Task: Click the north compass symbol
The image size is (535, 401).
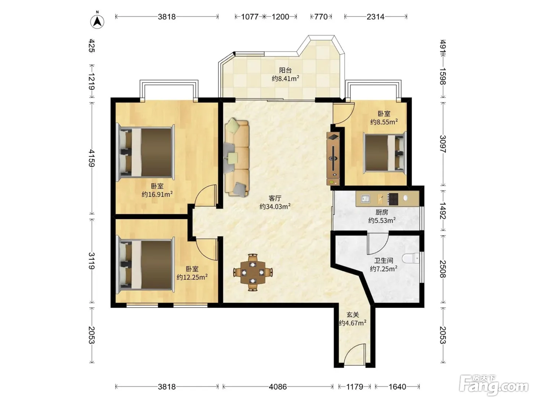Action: coord(97,21)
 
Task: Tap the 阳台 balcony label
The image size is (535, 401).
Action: coord(285,70)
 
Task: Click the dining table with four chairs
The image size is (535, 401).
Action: coord(253,272)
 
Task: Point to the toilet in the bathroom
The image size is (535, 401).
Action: coord(410,258)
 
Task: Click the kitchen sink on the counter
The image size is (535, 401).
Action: coord(365,199)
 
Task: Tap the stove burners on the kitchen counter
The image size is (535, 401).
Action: coord(393,199)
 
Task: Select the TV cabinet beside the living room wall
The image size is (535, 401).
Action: coord(333,159)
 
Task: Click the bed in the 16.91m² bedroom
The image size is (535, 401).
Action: coord(146,153)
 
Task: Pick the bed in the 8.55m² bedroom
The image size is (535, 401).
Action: coord(385,153)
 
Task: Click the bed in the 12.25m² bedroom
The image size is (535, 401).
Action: coord(146,265)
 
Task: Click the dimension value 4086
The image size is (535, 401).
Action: coord(277,386)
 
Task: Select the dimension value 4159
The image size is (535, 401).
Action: coord(91,158)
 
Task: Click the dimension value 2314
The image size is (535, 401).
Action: coord(375,16)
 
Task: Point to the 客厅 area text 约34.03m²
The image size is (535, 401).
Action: coord(275,206)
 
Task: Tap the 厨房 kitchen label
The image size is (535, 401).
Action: coord(382,212)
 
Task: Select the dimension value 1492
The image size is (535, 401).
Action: coord(443,210)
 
